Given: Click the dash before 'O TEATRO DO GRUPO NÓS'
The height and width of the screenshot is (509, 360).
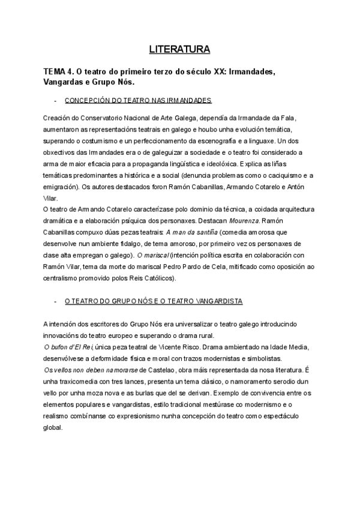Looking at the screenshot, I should coord(55,300).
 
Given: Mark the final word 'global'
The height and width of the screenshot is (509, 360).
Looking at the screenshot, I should coord(52,428).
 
